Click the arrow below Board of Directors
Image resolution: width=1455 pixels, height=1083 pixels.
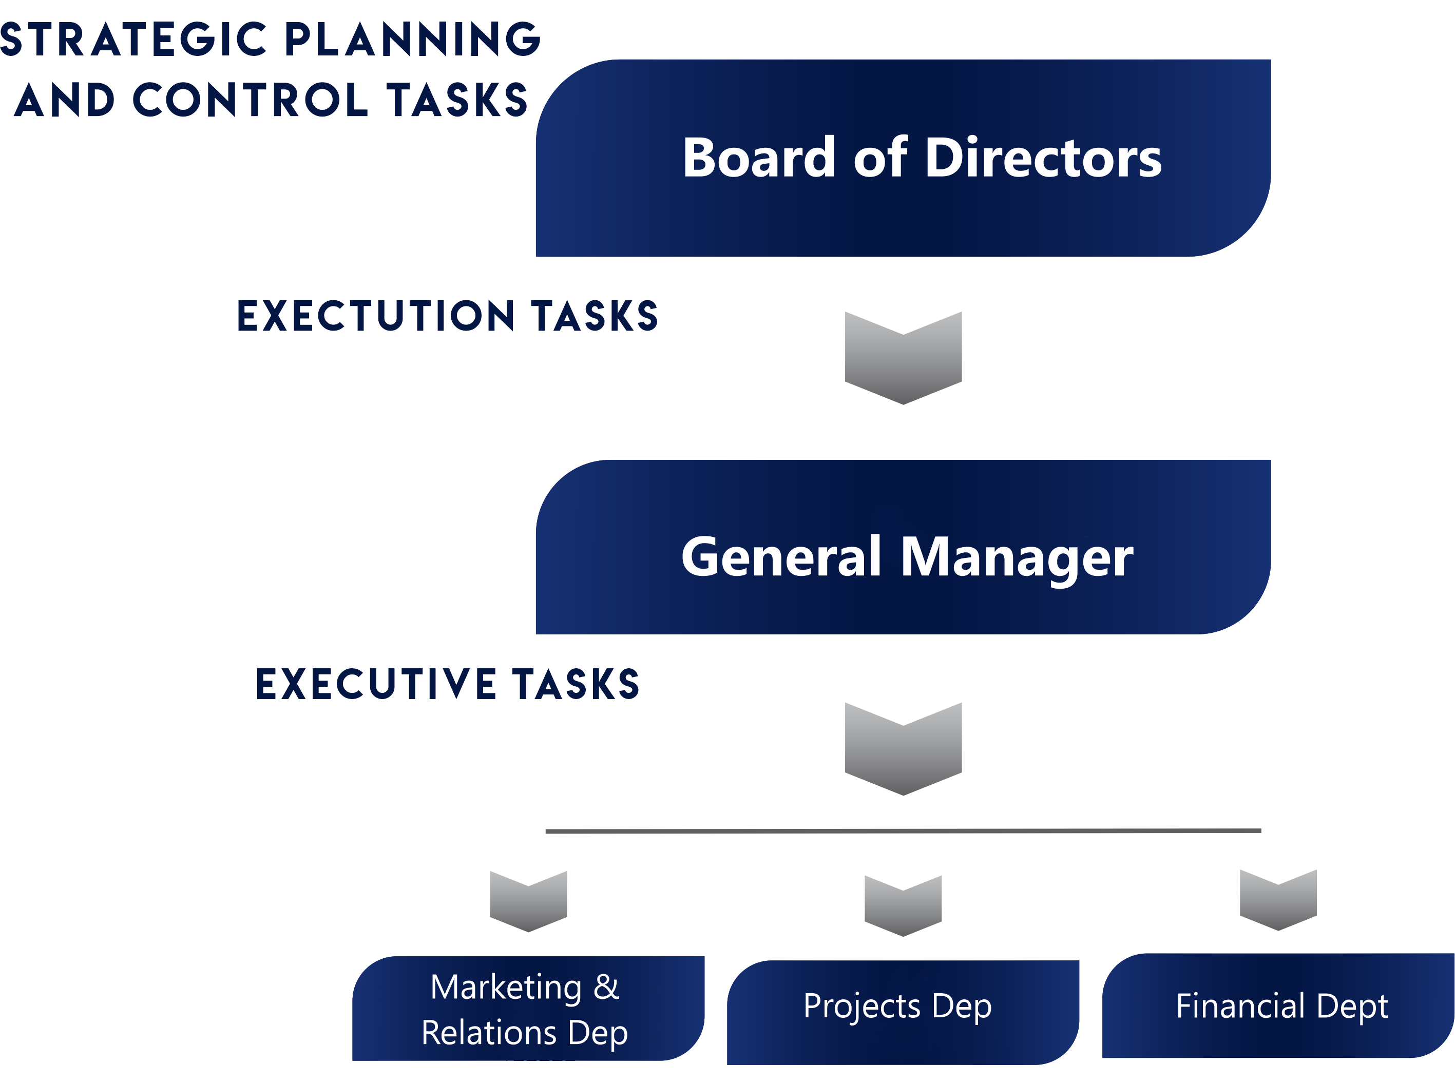pyautogui.click(x=903, y=358)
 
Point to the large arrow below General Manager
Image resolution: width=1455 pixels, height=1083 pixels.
pyautogui.click(x=903, y=749)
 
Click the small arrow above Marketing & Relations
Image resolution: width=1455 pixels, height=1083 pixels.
pyautogui.click(x=528, y=902)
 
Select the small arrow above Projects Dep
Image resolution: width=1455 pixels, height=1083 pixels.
pyautogui.click(x=903, y=906)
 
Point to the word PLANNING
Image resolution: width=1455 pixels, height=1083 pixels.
pyautogui.click(x=412, y=40)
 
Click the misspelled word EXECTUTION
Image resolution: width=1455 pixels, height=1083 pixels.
pyautogui.click(x=376, y=316)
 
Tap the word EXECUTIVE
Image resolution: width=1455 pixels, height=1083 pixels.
pyautogui.click(x=376, y=684)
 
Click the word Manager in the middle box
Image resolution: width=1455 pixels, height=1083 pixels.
pyautogui.click(x=1017, y=558)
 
